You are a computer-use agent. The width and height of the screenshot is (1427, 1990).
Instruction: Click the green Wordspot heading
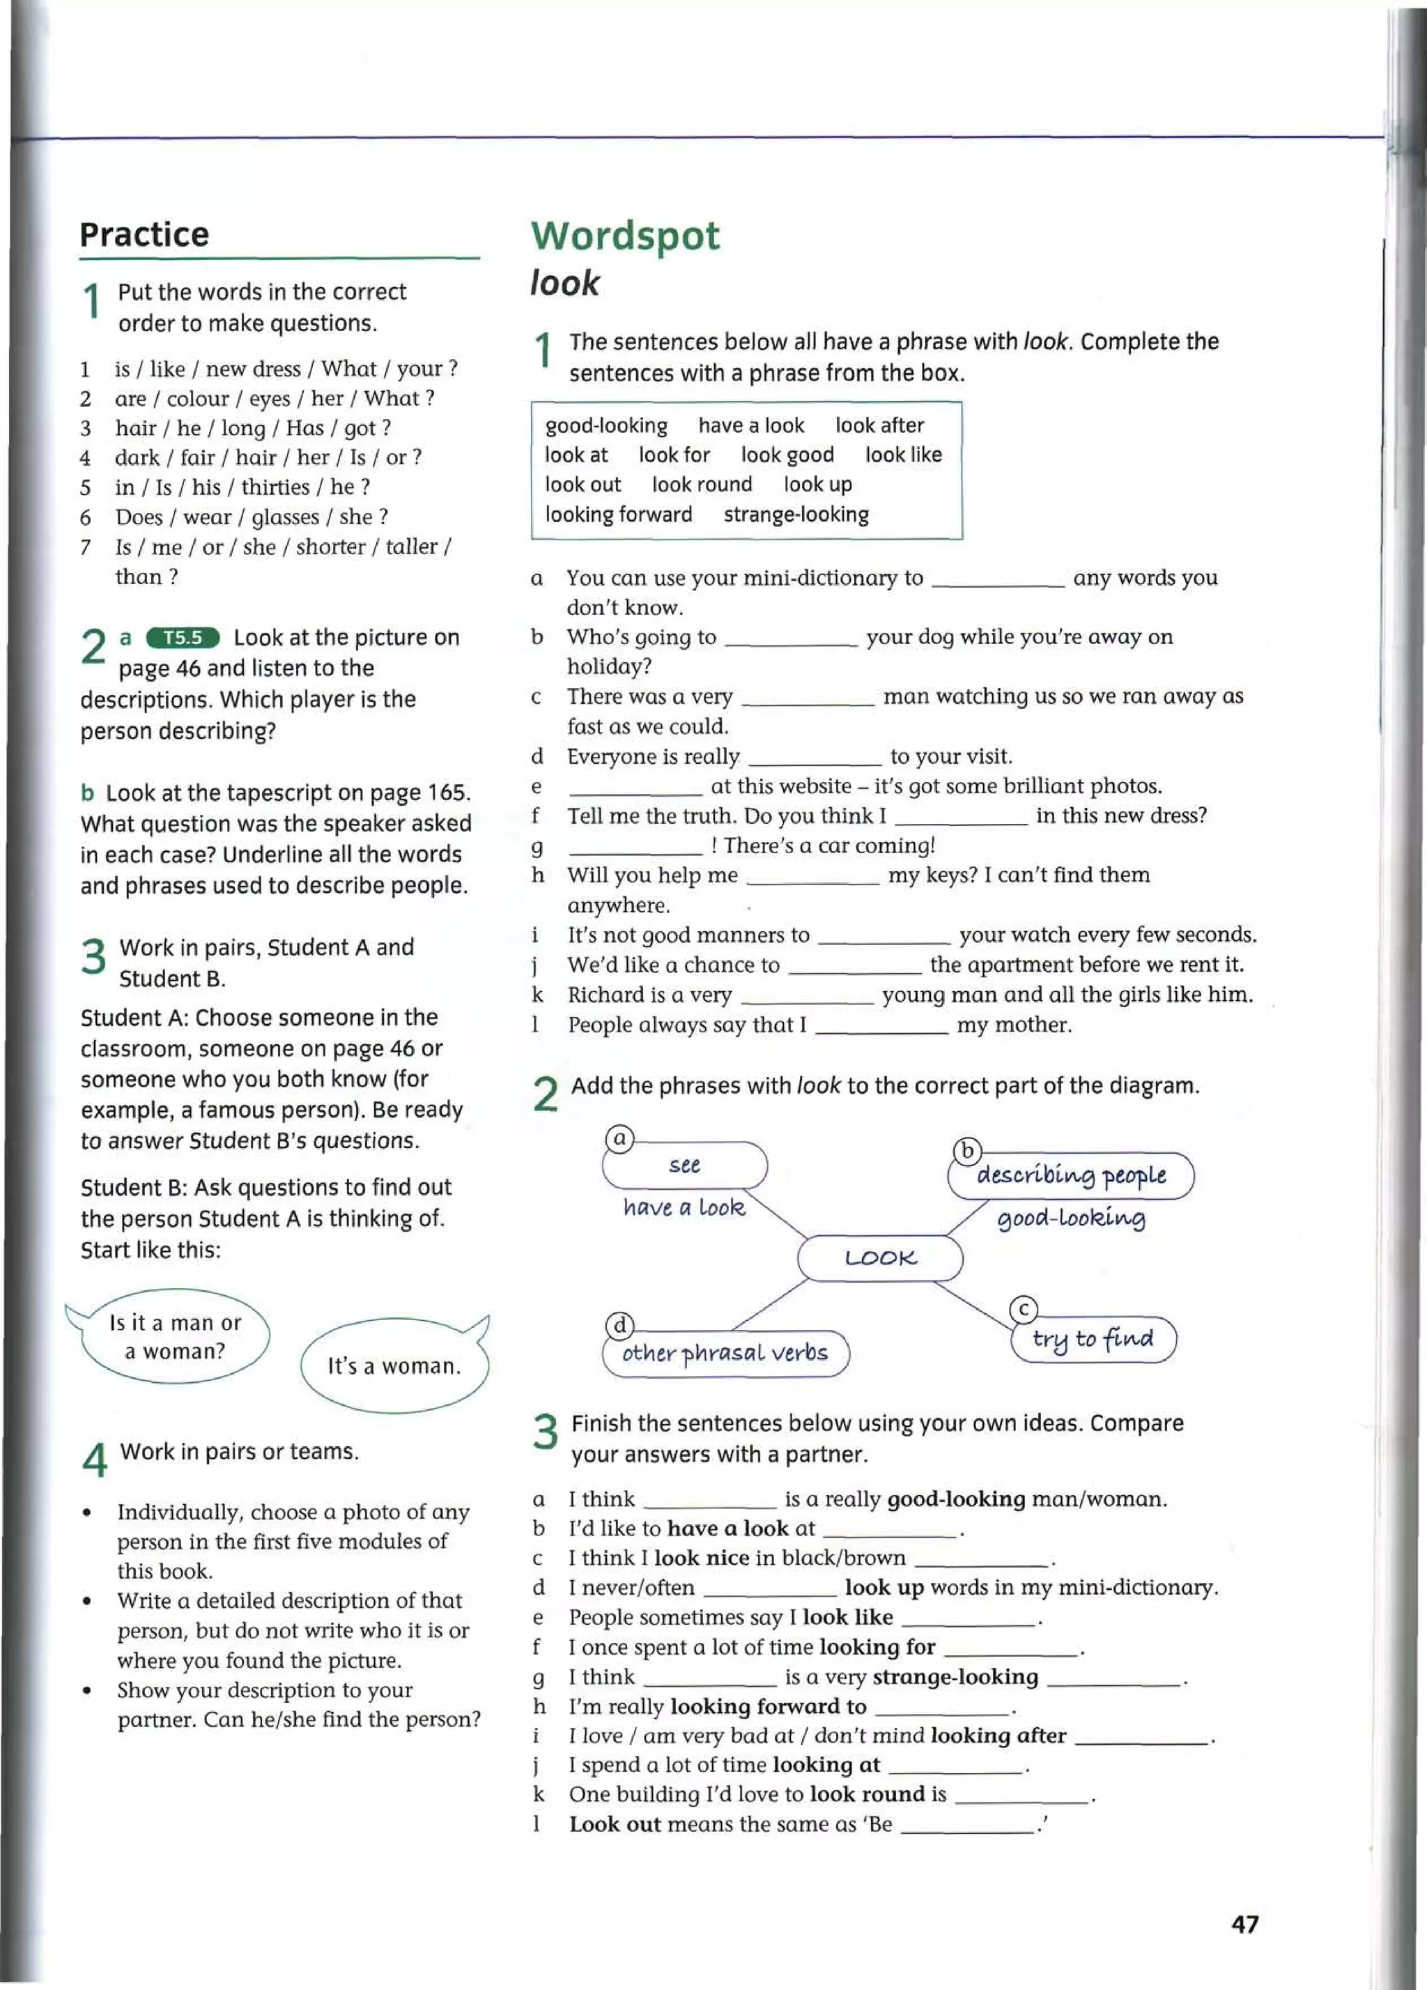(624, 236)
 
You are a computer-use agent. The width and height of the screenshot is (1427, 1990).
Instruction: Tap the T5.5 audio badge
(183, 637)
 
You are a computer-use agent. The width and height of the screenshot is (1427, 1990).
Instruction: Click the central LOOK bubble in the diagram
(880, 1257)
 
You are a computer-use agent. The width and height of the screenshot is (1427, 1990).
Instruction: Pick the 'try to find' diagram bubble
(1092, 1339)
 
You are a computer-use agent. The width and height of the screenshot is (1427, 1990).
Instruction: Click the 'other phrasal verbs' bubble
(725, 1353)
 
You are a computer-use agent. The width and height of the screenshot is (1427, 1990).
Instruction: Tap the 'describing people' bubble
(1071, 1175)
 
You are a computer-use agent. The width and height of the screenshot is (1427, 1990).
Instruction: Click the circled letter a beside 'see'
(619, 1139)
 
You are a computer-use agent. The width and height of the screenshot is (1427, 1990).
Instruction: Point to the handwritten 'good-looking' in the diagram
(1071, 1218)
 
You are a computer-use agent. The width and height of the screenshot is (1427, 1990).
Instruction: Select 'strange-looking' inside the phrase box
(796, 514)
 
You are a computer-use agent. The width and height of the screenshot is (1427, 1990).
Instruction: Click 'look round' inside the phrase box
(702, 484)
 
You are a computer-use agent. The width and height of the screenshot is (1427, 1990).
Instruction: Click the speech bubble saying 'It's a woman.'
(394, 1365)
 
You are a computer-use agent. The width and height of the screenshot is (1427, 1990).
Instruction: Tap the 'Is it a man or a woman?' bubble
(174, 1336)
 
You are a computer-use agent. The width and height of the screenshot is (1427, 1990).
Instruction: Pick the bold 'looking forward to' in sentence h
(767, 1706)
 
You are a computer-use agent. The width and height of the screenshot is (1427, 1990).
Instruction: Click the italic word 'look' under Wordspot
(564, 284)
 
